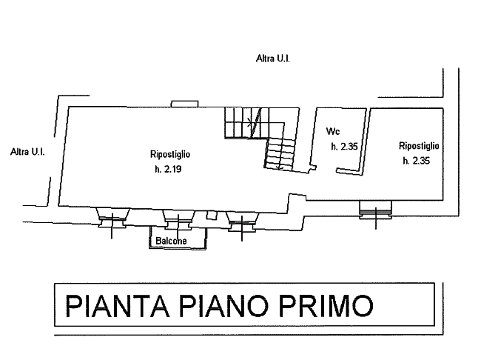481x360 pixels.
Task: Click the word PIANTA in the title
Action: (x=118, y=306)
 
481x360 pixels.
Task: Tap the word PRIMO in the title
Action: (x=326, y=306)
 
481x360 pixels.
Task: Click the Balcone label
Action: (x=171, y=241)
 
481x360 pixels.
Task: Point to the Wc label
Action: (x=333, y=131)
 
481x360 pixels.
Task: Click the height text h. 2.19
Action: (x=168, y=169)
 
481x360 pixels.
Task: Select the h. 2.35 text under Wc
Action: (x=344, y=147)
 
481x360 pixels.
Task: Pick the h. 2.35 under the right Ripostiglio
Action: (x=417, y=161)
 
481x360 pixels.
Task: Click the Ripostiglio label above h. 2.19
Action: (x=170, y=154)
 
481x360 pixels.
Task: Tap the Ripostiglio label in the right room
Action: (x=419, y=146)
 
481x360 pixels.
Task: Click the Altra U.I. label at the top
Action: (x=273, y=59)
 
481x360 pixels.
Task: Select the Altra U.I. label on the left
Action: (x=27, y=152)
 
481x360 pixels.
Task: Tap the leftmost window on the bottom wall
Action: (x=112, y=218)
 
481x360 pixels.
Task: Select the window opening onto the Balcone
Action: (x=178, y=219)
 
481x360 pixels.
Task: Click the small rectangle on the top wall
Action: (x=184, y=104)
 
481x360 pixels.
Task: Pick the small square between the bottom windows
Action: (x=211, y=215)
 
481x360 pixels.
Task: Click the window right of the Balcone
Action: (x=242, y=221)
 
